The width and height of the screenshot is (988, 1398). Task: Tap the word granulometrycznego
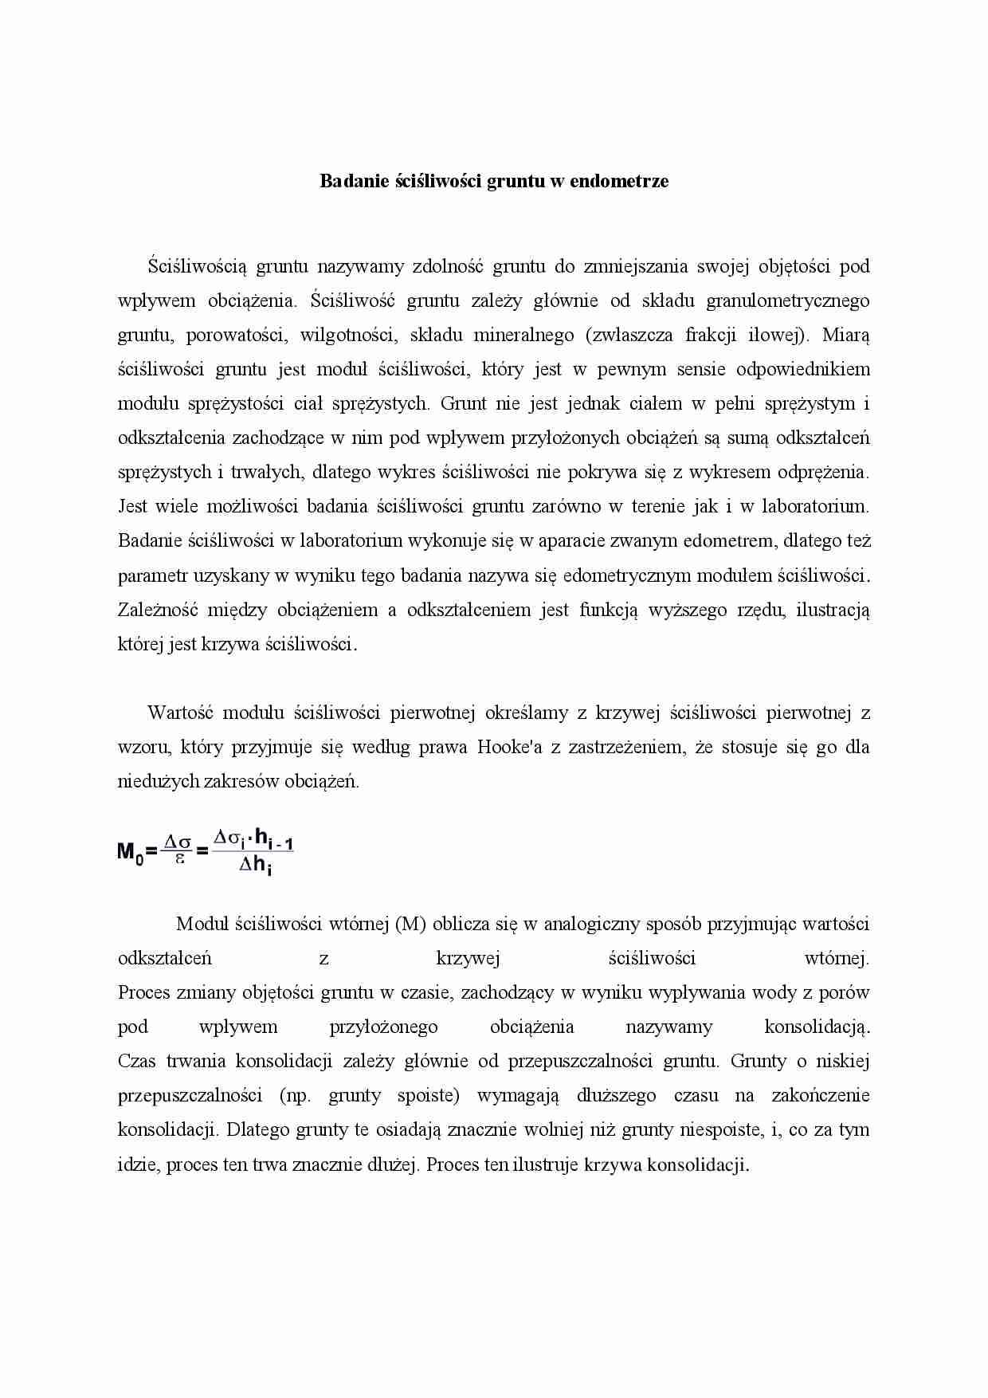788,300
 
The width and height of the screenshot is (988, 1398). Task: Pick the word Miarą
845,335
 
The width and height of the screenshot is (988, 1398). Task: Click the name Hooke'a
509,747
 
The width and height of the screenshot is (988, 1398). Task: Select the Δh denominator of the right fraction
255,866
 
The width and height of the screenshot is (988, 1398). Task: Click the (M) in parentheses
410,924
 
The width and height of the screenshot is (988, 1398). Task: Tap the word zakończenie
821,1095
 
